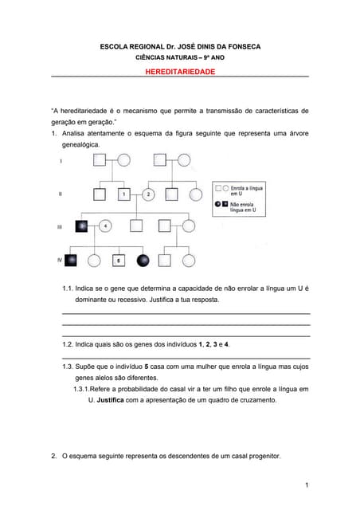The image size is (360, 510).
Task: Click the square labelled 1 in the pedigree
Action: pyautogui.click(x=123, y=194)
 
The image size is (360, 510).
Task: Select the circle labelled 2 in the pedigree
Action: pyautogui.click(x=148, y=194)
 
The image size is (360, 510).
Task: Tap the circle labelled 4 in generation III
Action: pyautogui.click(x=106, y=226)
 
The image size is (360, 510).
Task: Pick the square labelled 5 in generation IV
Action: pyautogui.click(x=119, y=260)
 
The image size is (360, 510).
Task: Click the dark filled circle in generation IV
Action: pyautogui.click(x=143, y=260)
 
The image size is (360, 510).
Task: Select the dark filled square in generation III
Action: pyautogui.click(x=81, y=226)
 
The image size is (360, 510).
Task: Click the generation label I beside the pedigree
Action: pyautogui.click(x=61, y=161)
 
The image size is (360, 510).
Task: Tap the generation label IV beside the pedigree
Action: pyautogui.click(x=61, y=260)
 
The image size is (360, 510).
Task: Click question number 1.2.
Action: pyautogui.click(x=68, y=343)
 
